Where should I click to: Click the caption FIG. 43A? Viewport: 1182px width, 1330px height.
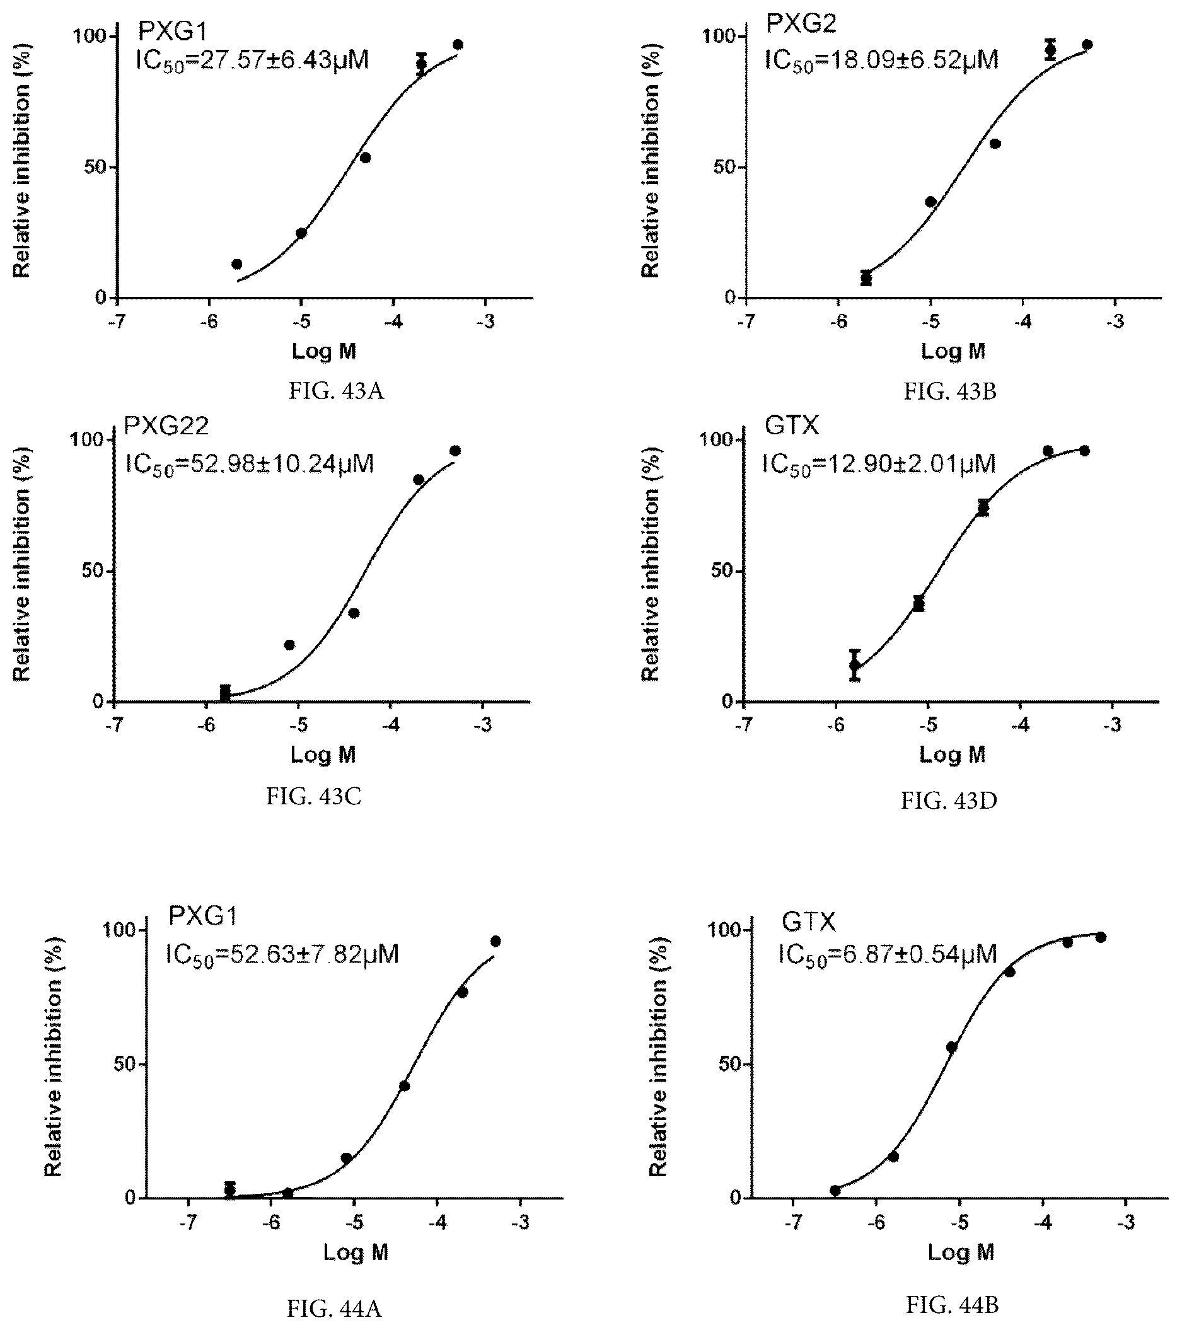pos(336,391)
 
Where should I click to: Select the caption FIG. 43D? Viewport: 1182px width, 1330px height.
pos(949,801)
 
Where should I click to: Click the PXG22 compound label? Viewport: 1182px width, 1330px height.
pos(166,426)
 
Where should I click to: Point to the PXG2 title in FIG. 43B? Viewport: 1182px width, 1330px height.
pos(801,23)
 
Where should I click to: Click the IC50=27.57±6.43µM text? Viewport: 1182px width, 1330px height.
pos(253,60)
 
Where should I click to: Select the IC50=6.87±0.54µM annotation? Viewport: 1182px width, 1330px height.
pos(888,954)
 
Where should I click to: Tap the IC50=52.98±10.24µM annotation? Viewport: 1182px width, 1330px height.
pos(249,465)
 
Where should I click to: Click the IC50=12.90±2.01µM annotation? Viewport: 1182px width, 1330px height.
pos(879,465)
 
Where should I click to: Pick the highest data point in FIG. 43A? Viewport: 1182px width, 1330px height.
pos(458,45)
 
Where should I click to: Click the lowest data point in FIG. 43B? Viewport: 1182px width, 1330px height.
pos(866,279)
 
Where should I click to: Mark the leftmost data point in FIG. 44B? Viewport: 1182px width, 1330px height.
pos(835,1191)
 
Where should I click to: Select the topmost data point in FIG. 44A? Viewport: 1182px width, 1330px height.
pos(495,941)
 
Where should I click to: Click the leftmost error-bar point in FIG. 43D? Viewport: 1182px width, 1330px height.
pos(855,665)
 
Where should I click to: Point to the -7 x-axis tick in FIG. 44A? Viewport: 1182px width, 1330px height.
pos(188,1223)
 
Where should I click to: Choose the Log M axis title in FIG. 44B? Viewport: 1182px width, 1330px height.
pos(961,1252)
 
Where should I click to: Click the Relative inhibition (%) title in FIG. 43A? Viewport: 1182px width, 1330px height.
pos(22,167)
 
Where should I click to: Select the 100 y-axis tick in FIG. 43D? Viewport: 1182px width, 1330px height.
pos(714,440)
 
